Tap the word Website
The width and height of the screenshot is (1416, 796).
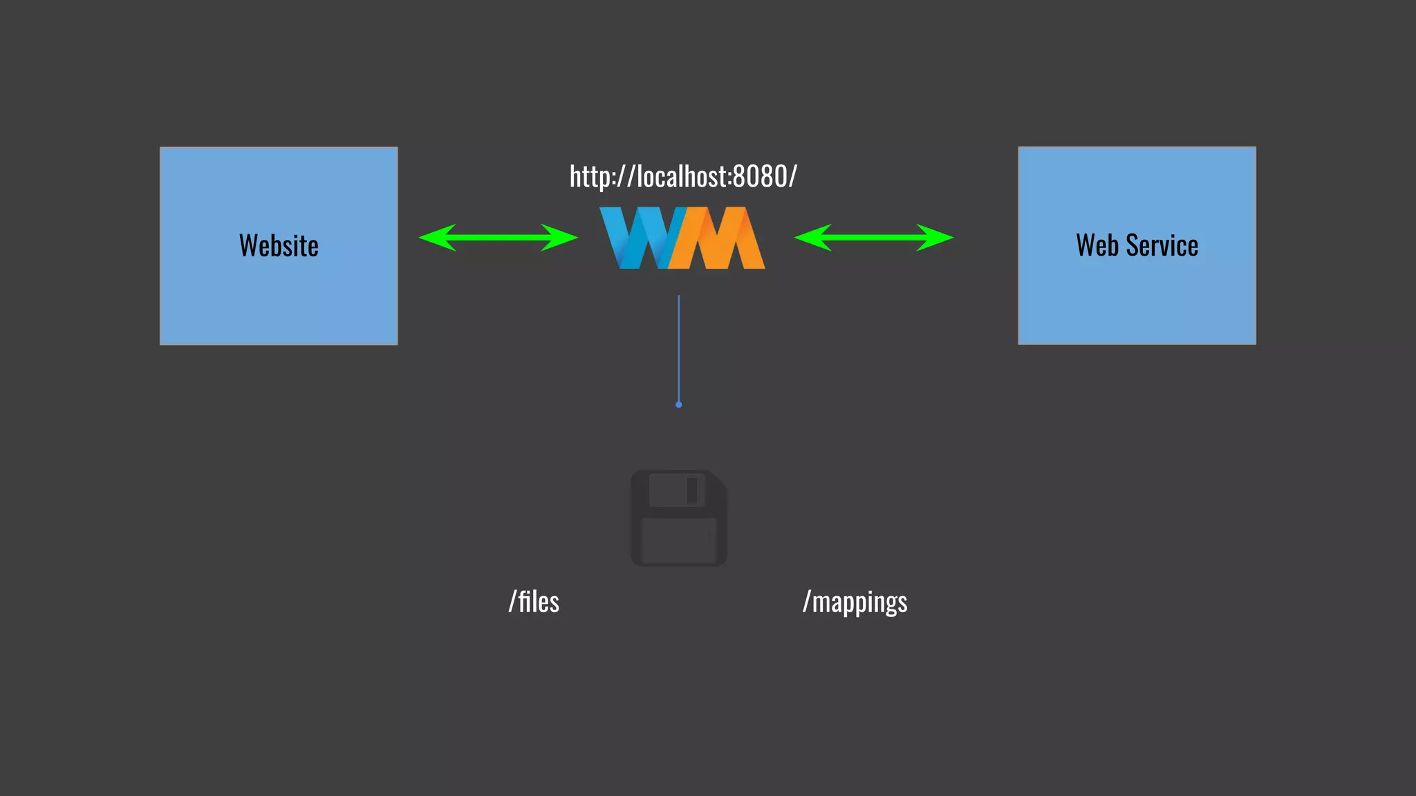click(x=279, y=245)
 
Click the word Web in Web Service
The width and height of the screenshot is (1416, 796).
click(x=1097, y=245)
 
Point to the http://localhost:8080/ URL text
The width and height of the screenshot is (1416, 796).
click(x=683, y=177)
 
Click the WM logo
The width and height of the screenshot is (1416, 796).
click(x=682, y=238)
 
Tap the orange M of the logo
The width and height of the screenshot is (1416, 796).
click(x=723, y=238)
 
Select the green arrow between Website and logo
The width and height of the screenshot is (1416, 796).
click(x=498, y=238)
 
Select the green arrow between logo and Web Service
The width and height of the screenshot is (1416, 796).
click(x=874, y=238)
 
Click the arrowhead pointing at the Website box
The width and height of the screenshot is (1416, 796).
click(x=436, y=238)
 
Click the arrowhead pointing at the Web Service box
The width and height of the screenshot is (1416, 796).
click(x=937, y=238)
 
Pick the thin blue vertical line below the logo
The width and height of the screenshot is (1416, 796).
click(x=679, y=345)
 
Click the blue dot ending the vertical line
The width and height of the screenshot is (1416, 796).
click(x=679, y=405)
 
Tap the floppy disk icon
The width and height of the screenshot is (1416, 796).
click(x=679, y=518)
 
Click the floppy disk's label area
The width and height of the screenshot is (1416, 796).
click(x=679, y=540)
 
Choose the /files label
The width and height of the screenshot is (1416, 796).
click(x=534, y=602)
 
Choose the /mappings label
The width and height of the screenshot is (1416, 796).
click(x=855, y=602)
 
